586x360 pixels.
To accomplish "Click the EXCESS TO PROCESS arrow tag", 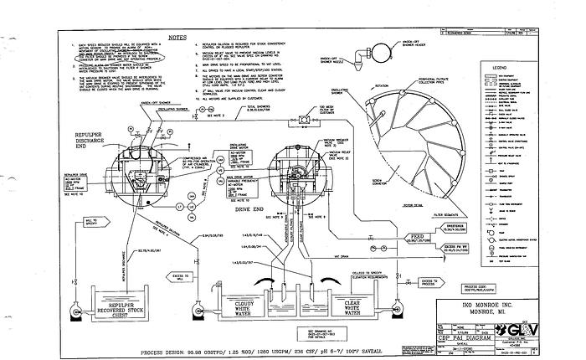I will (431, 281).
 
